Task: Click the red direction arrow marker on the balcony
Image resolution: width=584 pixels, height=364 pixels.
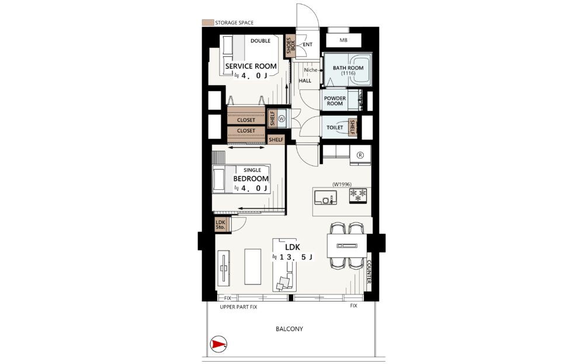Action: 218,344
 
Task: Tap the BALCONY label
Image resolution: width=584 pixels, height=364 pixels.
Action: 290,329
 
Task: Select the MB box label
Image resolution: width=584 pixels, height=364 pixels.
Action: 343,40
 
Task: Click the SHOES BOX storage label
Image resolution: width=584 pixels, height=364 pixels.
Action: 290,45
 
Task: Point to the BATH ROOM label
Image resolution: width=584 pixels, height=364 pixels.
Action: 348,68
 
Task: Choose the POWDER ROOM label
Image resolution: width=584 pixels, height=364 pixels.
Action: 335,101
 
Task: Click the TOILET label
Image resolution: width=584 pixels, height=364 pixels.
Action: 335,127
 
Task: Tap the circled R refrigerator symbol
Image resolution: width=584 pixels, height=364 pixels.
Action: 360,155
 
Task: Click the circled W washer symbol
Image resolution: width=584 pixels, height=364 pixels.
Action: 281,119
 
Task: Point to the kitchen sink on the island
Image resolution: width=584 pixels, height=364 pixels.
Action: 325,198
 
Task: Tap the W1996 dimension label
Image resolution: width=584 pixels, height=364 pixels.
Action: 342,184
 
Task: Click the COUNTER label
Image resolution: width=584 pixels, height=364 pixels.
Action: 369,272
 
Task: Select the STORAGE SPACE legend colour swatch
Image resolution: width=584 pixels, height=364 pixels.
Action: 207,23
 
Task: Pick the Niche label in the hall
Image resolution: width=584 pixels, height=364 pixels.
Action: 311,70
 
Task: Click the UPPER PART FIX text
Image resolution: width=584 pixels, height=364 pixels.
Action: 238,307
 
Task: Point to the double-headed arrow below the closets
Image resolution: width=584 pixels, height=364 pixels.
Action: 246,148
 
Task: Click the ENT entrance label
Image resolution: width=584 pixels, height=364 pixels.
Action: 308,45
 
